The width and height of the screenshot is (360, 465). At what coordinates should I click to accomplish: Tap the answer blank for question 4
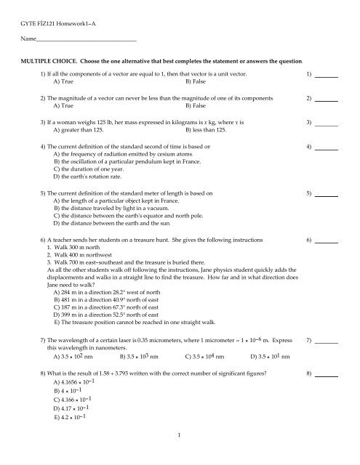(328, 147)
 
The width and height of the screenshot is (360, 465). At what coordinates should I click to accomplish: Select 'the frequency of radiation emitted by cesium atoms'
(118, 155)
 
